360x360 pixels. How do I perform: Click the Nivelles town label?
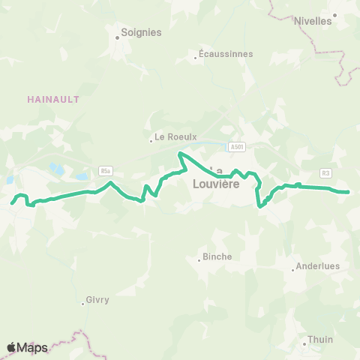313,21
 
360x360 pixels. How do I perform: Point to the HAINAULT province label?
52,99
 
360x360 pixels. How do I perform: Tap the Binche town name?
217,256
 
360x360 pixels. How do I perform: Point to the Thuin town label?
320,340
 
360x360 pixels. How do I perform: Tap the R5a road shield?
104,171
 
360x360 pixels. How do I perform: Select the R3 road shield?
325,173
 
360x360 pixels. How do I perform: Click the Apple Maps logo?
28,347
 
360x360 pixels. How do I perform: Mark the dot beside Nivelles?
335,14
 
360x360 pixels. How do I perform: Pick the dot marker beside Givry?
83,304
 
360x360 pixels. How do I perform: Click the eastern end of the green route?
349,192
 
